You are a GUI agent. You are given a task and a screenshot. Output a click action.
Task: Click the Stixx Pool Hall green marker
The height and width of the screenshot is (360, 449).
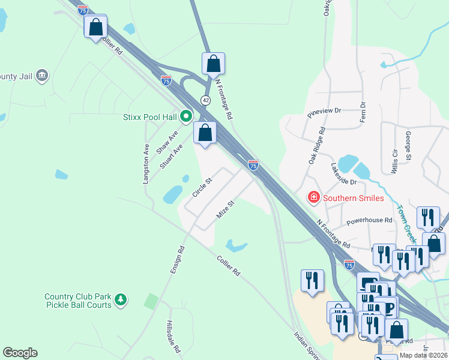tap(186, 116)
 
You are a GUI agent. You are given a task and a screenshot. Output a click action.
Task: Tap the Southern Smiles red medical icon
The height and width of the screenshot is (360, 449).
tap(313, 197)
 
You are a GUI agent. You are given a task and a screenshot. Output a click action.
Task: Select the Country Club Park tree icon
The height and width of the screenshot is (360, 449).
tap(121, 299)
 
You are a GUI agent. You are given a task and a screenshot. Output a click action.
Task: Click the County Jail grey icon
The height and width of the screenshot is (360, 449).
tap(42, 76)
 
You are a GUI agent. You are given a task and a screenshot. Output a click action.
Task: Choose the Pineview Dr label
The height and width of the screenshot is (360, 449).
tap(324, 111)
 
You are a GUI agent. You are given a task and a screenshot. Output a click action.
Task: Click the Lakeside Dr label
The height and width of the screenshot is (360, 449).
tap(344, 173)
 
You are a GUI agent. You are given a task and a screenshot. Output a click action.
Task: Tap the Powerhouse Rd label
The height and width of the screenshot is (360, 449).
tap(369, 220)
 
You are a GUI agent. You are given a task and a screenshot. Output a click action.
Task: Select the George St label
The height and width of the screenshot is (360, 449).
tap(408, 146)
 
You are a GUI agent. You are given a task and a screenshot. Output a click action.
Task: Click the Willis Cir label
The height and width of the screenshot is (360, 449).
tap(394, 161)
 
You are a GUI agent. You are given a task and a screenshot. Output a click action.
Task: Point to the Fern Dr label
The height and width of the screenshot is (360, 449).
tap(363, 112)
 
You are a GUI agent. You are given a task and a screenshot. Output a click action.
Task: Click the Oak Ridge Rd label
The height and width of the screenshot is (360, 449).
tap(316, 145)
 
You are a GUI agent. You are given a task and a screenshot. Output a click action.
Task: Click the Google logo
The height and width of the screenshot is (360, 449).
tap(20, 353)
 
